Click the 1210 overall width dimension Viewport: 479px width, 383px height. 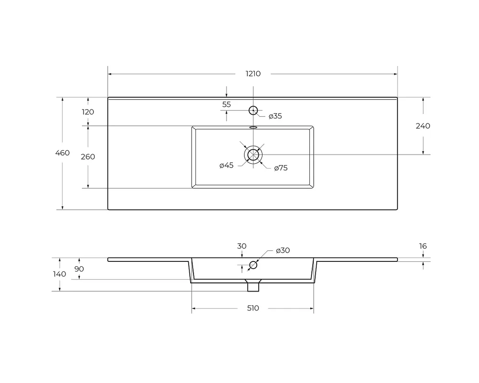pos(253,74)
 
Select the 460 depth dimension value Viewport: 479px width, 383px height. pos(62,153)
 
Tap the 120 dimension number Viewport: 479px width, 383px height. pos(88,112)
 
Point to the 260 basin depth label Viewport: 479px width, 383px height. pos(88,157)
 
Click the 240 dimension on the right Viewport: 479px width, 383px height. pos(423,126)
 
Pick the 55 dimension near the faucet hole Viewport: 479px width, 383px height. pos(227,104)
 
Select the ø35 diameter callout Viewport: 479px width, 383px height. pos(275,116)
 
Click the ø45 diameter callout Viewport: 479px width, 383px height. pos(227,165)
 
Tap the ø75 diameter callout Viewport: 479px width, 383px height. pos(281,168)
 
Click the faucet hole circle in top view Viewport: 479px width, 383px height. pos(253,110)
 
